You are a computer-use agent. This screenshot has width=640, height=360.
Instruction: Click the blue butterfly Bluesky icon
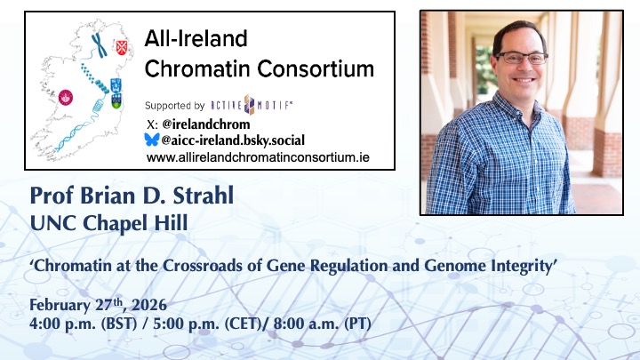pos(152,140)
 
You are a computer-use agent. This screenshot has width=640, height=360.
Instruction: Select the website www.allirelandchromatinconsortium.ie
pos(258,156)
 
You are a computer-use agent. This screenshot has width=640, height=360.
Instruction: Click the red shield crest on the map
pos(123,41)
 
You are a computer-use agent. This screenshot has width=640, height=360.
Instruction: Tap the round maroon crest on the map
pos(65,97)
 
